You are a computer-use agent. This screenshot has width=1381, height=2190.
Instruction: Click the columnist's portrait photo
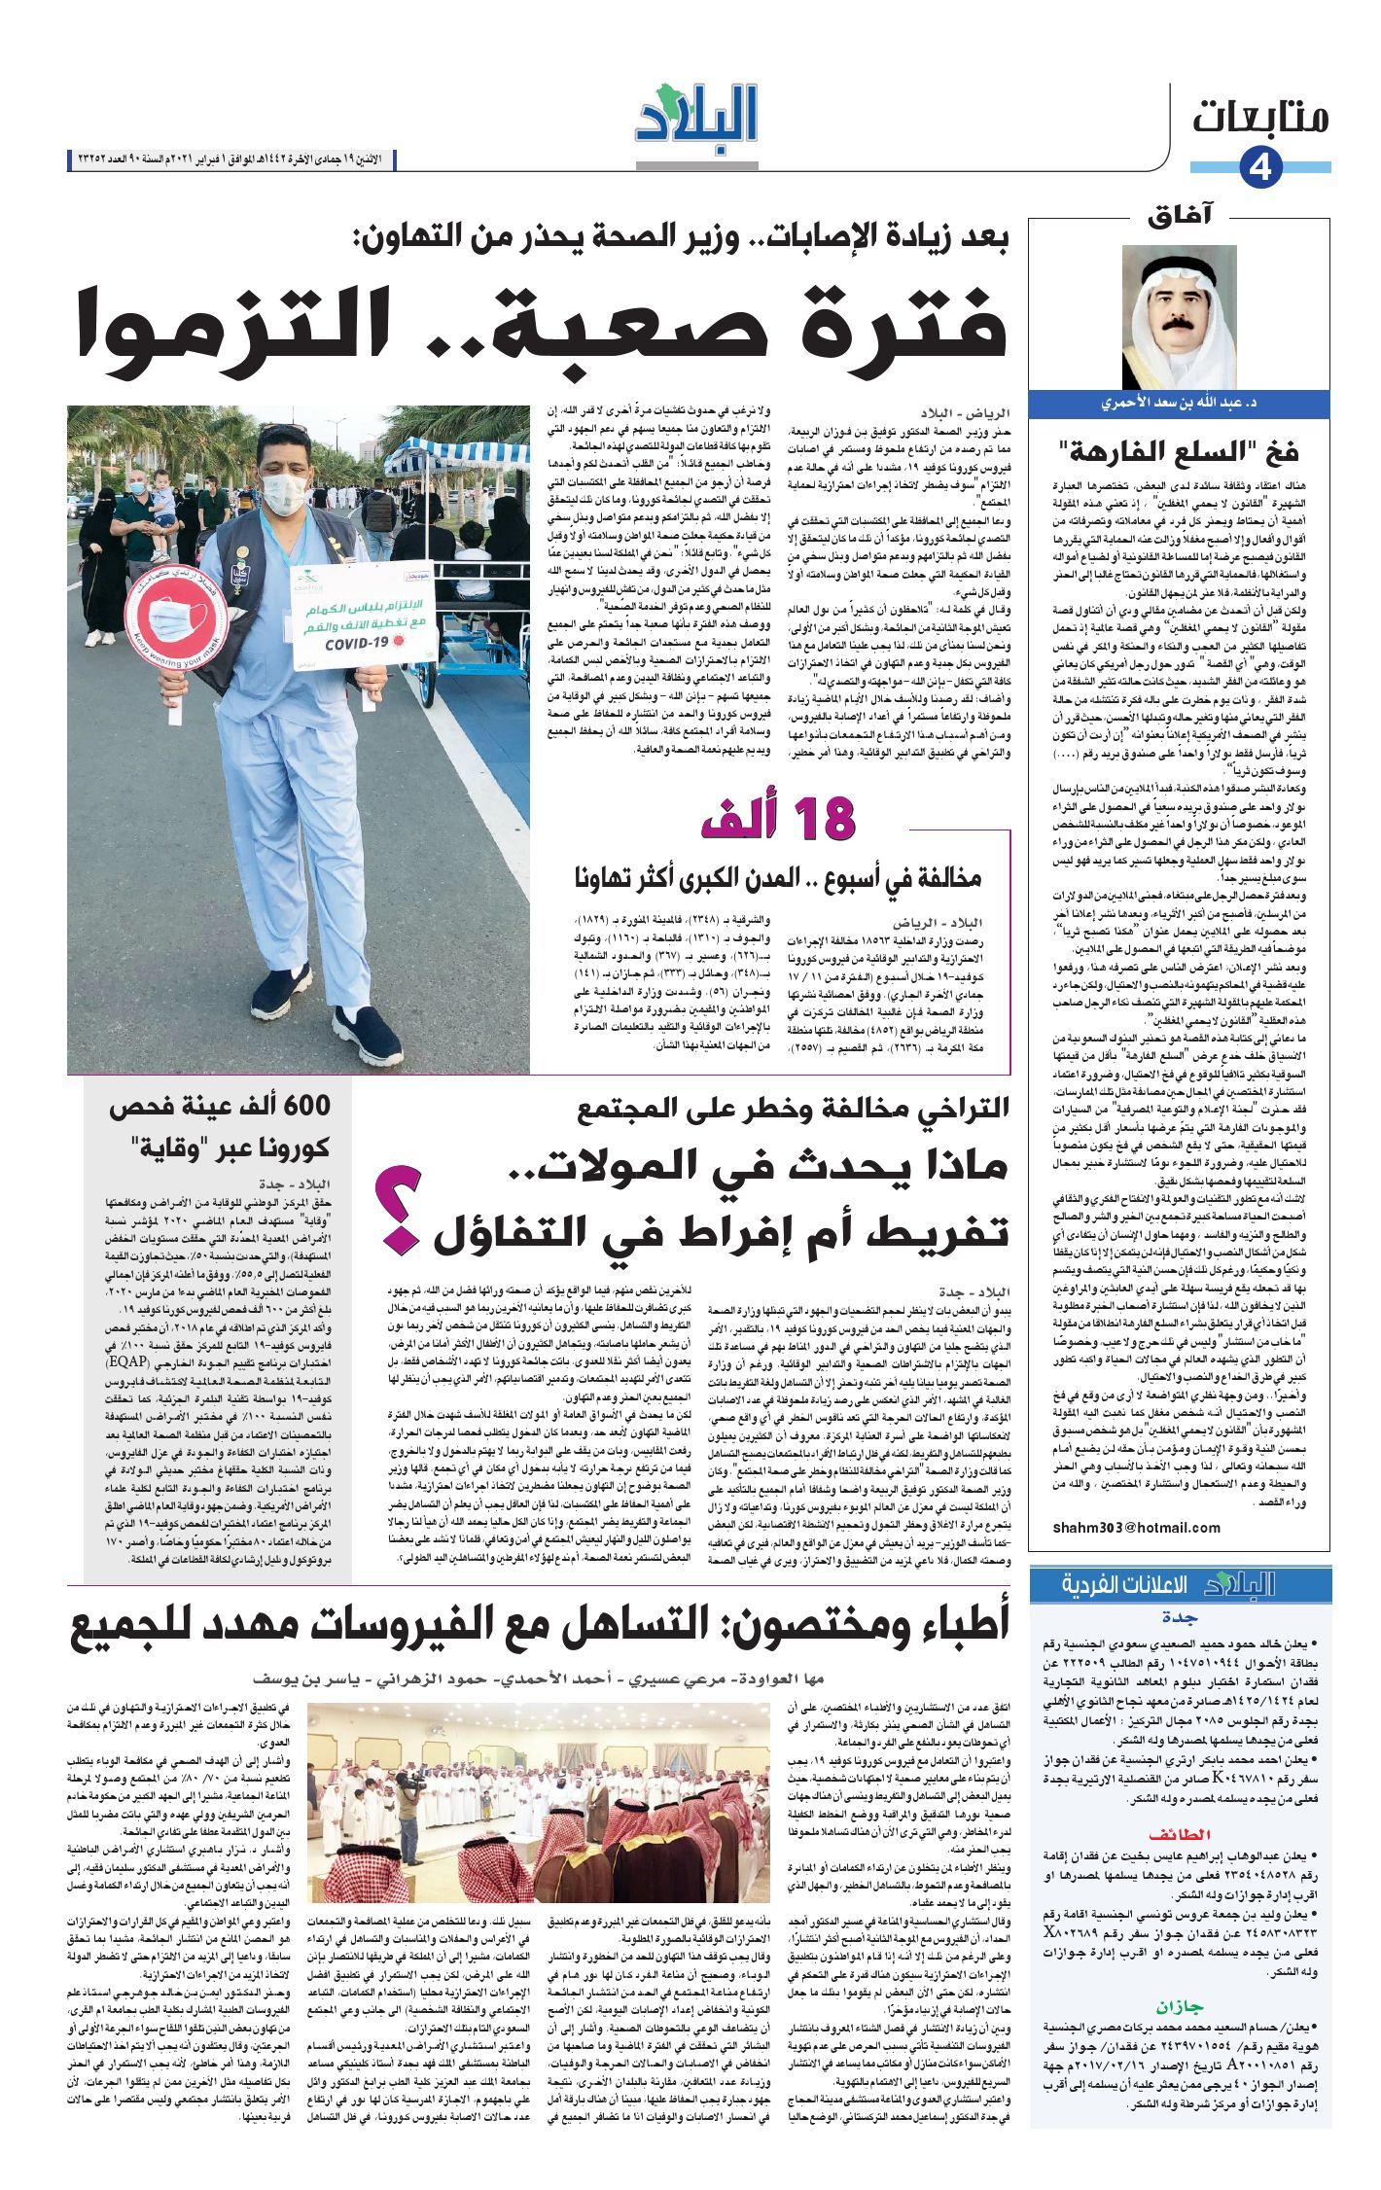click(1179, 317)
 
